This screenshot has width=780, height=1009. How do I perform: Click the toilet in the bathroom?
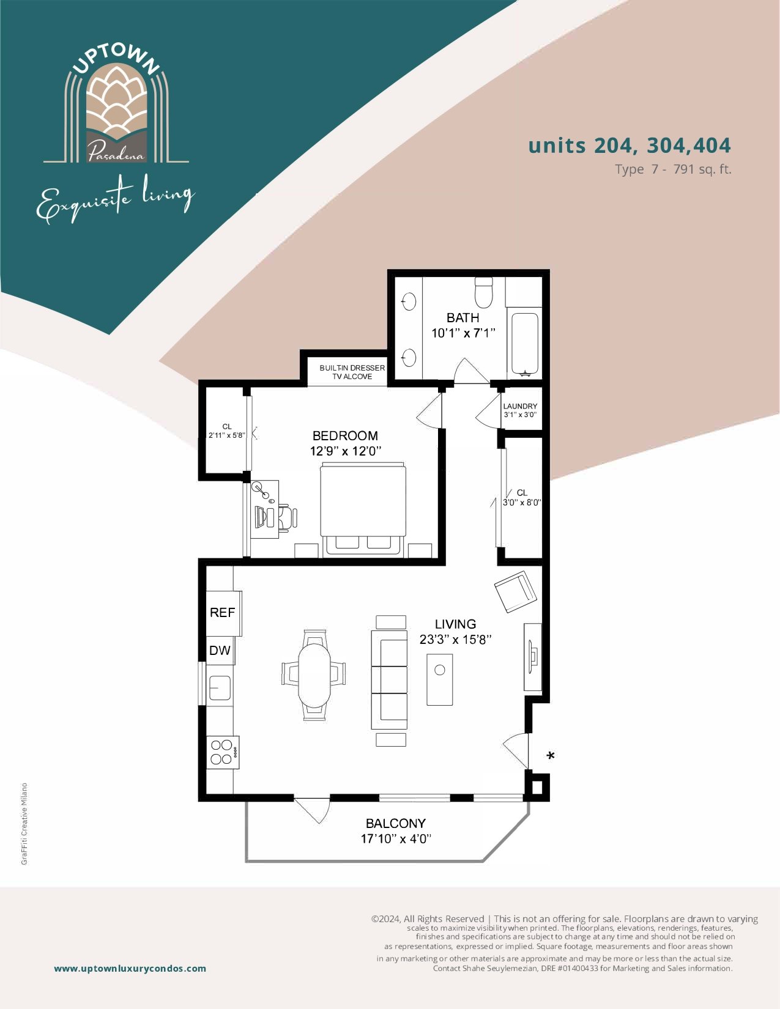pyautogui.click(x=483, y=292)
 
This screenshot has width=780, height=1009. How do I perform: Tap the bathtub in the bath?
pyautogui.click(x=525, y=343)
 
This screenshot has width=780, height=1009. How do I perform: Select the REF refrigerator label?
pyautogui.click(x=223, y=613)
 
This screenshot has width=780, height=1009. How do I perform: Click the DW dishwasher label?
pyautogui.click(x=220, y=650)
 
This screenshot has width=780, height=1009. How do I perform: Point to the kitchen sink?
pyautogui.click(x=220, y=688)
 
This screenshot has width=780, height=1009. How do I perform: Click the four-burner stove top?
pyautogui.click(x=223, y=752)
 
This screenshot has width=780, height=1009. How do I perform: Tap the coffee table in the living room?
pyautogui.click(x=439, y=680)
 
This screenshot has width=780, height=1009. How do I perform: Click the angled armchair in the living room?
pyautogui.click(x=516, y=592)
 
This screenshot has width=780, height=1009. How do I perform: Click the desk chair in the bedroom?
pyautogui.click(x=288, y=517)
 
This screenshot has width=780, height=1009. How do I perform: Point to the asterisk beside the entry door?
pyautogui.click(x=551, y=756)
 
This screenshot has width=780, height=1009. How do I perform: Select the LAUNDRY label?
pyautogui.click(x=520, y=406)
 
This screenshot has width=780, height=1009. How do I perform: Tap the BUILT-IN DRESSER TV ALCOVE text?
pyautogui.click(x=352, y=372)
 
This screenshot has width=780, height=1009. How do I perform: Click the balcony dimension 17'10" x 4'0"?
pyautogui.click(x=396, y=838)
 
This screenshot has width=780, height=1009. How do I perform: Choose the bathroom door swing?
pyautogui.click(x=472, y=371)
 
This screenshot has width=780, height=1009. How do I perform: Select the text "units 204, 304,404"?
pyautogui.click(x=630, y=146)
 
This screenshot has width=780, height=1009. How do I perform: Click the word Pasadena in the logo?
pyautogui.click(x=116, y=152)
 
